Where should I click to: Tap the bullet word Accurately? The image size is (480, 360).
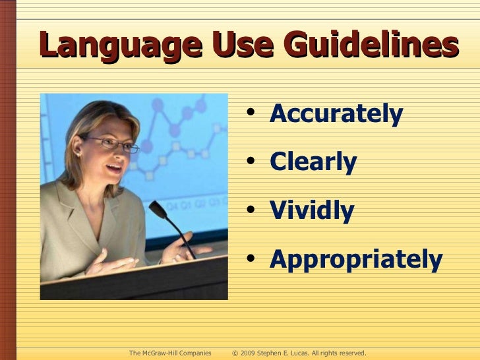coord(336,115)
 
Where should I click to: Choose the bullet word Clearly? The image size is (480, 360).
coord(313,162)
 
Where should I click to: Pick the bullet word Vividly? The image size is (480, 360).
coord(312,211)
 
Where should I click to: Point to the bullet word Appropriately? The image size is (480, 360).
coord(356,260)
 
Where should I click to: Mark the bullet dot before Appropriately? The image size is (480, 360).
coord(254,260)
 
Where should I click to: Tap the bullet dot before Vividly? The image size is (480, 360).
coord(254,212)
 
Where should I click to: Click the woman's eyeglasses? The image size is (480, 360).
coord(112,143)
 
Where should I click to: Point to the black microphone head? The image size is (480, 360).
coord(158,210)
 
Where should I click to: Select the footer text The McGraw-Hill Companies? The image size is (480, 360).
coord(170,353)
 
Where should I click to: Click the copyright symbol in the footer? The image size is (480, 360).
coord(235,353)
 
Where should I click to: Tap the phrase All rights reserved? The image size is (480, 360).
coord(338,353)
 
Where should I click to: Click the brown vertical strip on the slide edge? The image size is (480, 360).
coord(7,180)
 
